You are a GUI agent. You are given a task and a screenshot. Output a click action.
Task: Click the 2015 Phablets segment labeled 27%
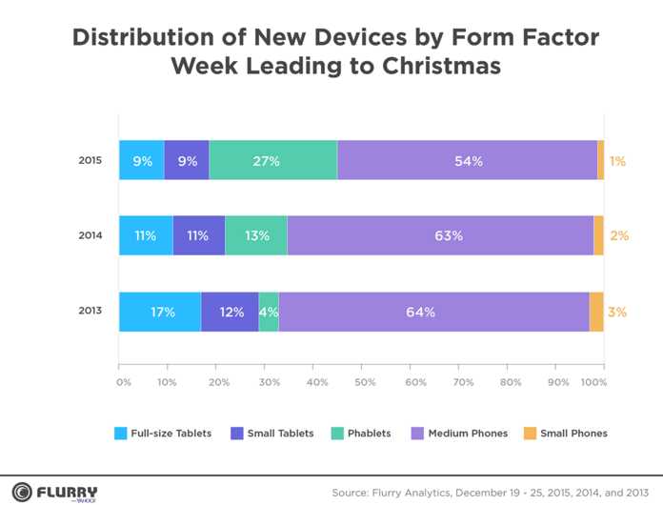pos(273,161)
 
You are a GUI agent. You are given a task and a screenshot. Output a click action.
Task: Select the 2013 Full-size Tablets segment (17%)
pos(160,312)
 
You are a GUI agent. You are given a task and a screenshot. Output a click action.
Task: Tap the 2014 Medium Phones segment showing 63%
pos(440,235)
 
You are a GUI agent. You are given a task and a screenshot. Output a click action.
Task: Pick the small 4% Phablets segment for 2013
pos(269,312)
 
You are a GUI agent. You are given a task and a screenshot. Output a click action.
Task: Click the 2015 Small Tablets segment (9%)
pos(187,161)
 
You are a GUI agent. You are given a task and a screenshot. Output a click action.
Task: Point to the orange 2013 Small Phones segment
pos(596,312)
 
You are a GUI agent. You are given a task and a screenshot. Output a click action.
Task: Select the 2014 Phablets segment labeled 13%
pos(256,235)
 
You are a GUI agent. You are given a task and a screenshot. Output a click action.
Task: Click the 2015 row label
pos(90,161)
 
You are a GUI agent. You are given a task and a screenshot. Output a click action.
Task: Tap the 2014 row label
pos(90,235)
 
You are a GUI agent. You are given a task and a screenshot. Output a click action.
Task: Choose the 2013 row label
pos(90,312)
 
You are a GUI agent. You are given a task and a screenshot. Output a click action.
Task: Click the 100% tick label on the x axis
pos(593,382)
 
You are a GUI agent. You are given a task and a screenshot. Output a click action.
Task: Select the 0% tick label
pos(124,382)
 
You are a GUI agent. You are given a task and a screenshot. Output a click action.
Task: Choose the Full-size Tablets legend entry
pos(163,433)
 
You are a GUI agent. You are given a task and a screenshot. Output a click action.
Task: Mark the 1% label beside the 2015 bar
pos(618,162)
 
